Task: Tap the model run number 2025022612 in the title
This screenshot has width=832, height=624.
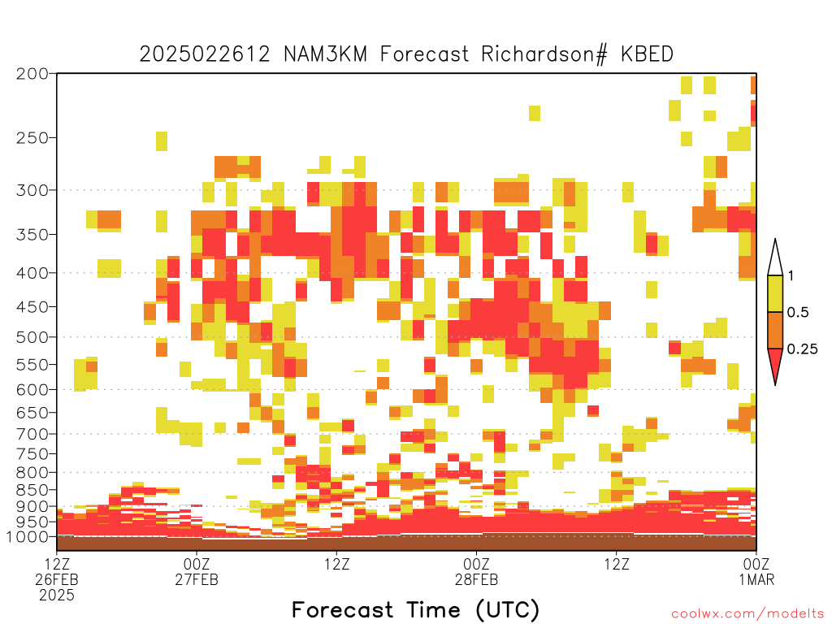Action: tap(205, 54)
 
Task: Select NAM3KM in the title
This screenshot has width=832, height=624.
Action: tap(326, 54)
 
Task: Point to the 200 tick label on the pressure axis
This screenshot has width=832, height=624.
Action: tap(32, 74)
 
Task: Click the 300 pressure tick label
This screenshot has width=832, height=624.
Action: tap(32, 190)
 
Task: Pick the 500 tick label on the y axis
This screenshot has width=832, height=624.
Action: tap(32, 337)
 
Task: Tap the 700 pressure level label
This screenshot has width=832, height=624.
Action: tap(32, 434)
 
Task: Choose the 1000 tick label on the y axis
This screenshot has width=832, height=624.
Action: tap(28, 536)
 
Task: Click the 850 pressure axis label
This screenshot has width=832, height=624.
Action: tap(32, 490)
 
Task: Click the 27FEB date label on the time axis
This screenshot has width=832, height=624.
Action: tap(197, 579)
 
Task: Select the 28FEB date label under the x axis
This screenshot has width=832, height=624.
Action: tap(476, 579)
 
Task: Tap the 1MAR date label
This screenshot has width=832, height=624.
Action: tap(756, 579)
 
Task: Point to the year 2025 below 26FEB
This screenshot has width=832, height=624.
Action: tap(57, 596)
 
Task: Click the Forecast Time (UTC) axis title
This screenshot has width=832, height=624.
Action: tap(415, 610)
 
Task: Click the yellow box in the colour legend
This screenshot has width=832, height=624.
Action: tap(775, 293)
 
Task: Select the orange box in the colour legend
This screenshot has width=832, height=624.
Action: tap(775, 330)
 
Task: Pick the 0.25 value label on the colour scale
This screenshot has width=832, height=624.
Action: tap(802, 349)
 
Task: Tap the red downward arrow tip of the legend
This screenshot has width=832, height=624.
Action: tap(775, 384)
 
